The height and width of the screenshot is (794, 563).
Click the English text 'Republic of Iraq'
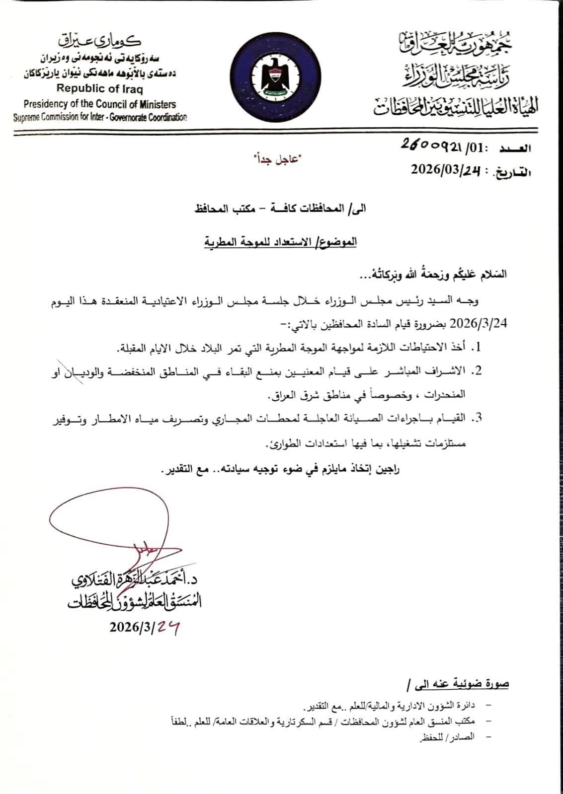point(99,89)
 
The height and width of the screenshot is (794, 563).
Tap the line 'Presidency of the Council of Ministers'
point(99,104)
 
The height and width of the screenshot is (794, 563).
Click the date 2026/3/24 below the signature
point(145,628)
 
